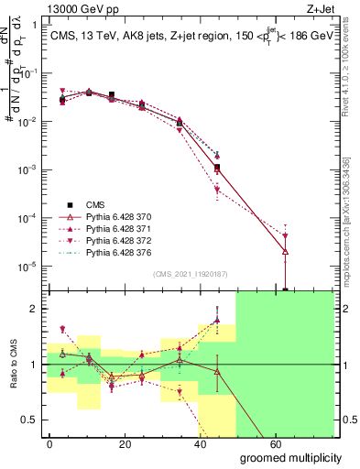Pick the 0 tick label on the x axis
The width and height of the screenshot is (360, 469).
coord(50,443)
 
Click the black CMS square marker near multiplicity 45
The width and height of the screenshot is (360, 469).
coord(217,168)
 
